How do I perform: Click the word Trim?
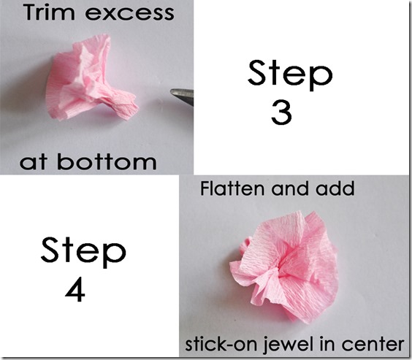pos(49,12)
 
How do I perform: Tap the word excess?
pos(129,14)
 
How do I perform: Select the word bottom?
pos(107,161)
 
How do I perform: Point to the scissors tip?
pos(171,91)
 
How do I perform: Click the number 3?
pos(281,112)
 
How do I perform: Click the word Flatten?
pos(232,188)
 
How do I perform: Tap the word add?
pos(335,188)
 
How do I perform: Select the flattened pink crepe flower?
pos(283,267)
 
